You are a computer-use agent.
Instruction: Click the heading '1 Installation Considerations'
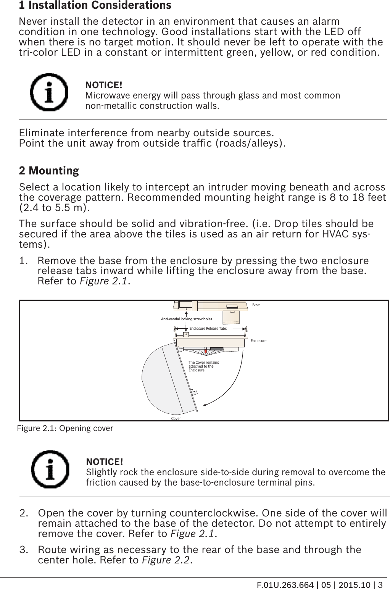[x=95, y=6]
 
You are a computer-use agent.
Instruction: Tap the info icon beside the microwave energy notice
[x=49, y=92]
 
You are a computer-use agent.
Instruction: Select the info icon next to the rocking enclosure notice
[x=50, y=469]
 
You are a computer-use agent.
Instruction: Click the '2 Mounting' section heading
[x=49, y=171]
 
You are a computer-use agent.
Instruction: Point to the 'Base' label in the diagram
[x=256, y=305]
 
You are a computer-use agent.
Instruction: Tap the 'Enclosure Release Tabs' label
[x=208, y=328]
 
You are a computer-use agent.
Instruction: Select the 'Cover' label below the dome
[x=176, y=419]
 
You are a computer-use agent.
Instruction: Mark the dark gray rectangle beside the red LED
[x=216, y=349]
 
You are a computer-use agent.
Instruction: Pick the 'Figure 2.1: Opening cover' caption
[x=66, y=428]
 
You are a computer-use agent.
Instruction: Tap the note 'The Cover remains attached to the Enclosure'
[x=204, y=366]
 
